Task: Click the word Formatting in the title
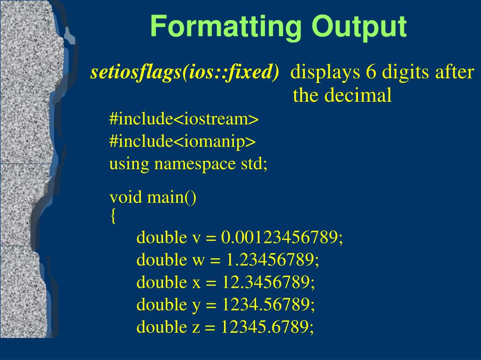(226, 27)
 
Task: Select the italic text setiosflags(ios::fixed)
(185, 72)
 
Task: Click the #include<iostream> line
(184, 119)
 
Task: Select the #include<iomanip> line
(182, 142)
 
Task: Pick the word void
(125, 197)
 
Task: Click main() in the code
(172, 197)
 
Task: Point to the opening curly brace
(113, 216)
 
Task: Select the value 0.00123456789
(281, 238)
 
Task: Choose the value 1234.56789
(268, 305)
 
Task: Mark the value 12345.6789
(267, 327)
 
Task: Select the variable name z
(196, 328)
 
